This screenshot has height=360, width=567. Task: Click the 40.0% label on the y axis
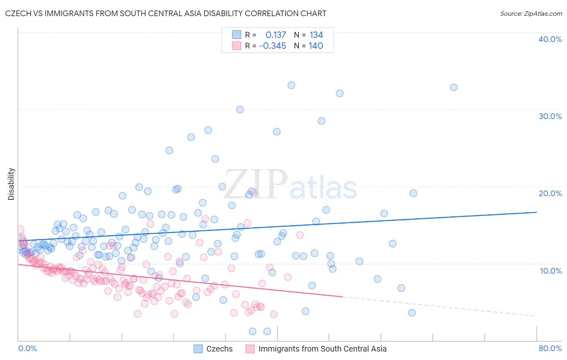click(550, 39)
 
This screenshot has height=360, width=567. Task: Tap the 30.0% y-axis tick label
click(550, 116)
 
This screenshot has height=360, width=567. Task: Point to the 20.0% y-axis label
click(550, 193)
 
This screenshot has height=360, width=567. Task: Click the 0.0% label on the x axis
click(27, 349)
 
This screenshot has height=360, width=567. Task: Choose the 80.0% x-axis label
click(550, 349)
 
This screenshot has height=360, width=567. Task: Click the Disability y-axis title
click(11, 184)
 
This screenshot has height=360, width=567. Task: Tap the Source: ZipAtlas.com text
click(531, 13)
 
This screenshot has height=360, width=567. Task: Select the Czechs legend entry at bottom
click(219, 349)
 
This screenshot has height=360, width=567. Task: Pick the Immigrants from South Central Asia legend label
click(322, 349)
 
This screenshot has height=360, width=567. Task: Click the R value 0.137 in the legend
click(276, 35)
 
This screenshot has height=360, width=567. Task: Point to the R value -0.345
click(273, 46)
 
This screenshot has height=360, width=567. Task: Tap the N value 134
click(316, 35)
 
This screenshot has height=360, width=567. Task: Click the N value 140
click(316, 46)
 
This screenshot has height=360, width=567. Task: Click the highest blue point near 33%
click(291, 85)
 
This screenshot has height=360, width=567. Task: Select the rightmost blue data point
click(454, 87)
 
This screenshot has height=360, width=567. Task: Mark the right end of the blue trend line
click(536, 212)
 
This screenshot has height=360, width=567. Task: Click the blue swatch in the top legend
click(236, 35)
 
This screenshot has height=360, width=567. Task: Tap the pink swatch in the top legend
click(236, 46)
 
